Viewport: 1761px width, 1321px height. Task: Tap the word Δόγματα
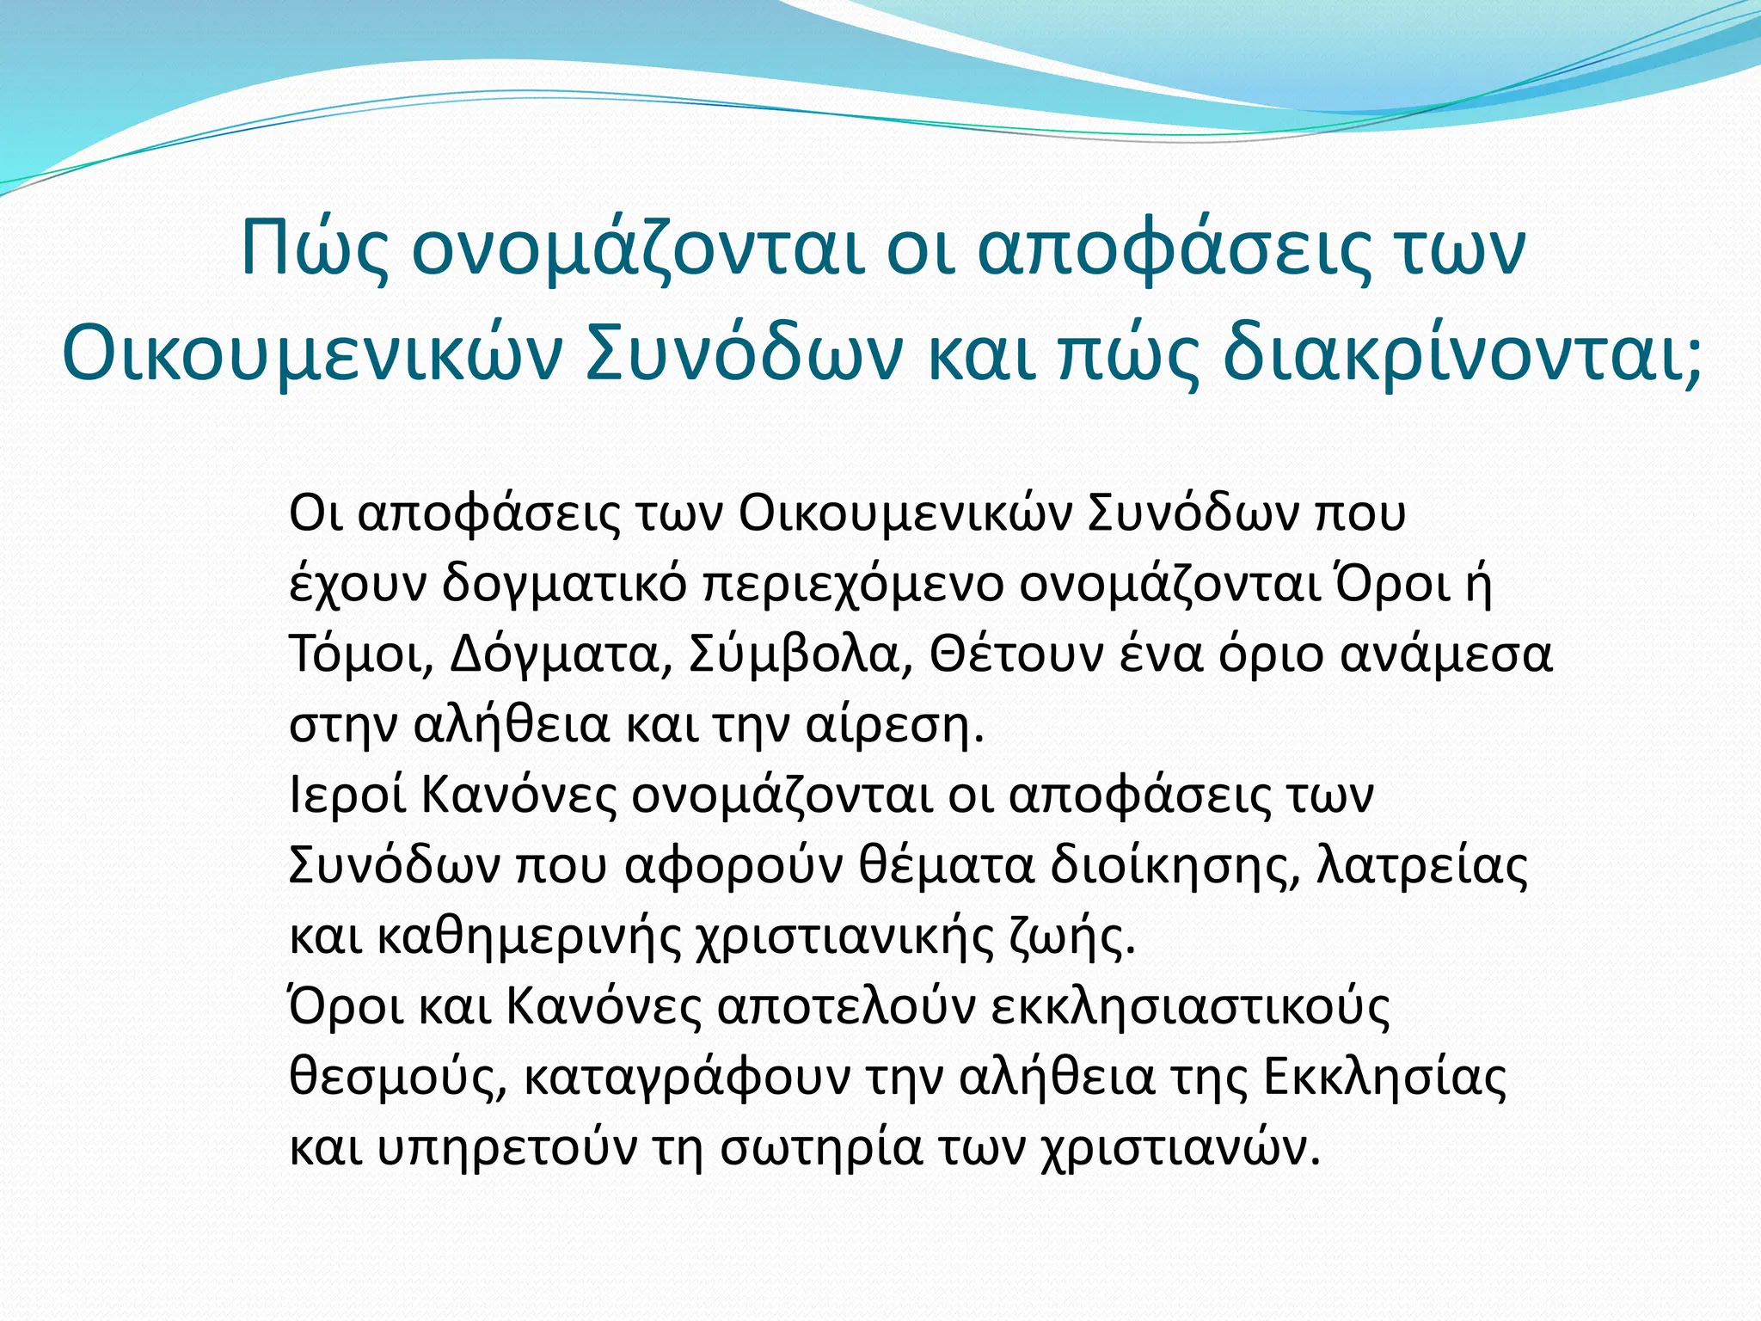559,655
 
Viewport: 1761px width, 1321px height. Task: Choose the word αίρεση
893,726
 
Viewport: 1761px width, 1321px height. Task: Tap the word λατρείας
1423,867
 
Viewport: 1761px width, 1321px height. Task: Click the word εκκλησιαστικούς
1190,1008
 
